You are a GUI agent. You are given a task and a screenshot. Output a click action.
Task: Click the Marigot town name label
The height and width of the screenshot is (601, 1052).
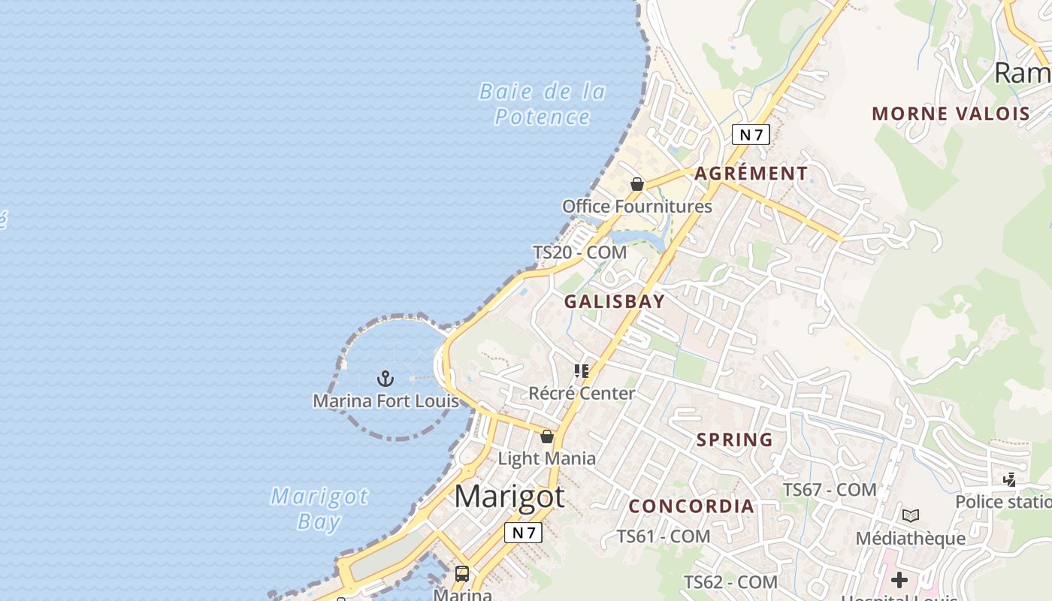[x=509, y=497]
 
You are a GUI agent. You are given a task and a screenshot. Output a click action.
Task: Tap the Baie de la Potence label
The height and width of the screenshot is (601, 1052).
[x=543, y=104]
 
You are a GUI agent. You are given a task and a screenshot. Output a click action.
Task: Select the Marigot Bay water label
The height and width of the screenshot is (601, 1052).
[x=319, y=509]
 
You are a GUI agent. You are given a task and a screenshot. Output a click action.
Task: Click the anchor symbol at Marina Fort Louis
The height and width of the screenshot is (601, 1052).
[x=385, y=379]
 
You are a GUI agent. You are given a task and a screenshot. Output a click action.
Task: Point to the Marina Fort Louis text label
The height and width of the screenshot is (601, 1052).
[x=385, y=400]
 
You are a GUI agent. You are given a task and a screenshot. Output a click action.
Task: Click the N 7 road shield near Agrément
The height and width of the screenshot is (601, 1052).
[x=751, y=134]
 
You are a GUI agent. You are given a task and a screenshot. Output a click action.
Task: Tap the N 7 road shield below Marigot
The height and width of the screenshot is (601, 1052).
[x=522, y=533]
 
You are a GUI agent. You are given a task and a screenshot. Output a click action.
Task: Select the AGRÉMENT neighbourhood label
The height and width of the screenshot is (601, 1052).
[x=751, y=174]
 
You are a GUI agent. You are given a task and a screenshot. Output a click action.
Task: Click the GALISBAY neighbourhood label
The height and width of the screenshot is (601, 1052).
[x=614, y=302]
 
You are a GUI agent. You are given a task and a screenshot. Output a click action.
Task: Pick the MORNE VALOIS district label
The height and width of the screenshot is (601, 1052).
[x=951, y=114]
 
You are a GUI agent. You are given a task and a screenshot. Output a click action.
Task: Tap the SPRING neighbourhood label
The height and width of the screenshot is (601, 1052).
[x=734, y=440]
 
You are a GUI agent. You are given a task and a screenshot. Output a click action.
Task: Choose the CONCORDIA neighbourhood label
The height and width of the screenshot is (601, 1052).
[x=691, y=506]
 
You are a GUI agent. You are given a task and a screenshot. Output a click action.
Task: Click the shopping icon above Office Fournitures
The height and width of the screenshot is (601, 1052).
[x=637, y=184]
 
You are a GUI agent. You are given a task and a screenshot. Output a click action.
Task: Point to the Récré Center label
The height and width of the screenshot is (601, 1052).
[x=582, y=393]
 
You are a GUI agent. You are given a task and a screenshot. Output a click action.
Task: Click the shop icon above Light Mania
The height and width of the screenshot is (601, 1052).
[x=547, y=436]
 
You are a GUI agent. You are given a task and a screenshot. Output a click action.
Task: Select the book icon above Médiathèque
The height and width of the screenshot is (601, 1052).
[x=910, y=516]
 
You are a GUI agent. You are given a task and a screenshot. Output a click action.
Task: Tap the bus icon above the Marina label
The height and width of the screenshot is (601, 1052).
[x=462, y=574]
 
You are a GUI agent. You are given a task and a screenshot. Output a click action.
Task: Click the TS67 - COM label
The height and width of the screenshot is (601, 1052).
[x=830, y=490]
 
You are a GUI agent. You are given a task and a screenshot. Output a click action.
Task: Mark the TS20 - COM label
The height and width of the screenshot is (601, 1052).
[x=579, y=252]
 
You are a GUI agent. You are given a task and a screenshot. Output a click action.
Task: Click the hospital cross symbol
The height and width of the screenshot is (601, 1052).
[x=899, y=580]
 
